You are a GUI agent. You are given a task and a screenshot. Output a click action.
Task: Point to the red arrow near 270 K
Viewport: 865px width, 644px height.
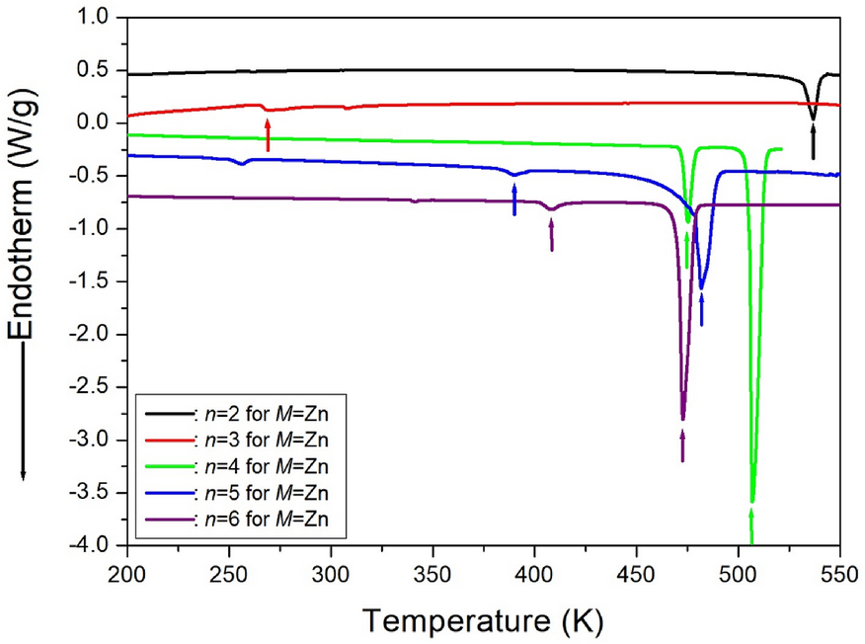click(268, 133)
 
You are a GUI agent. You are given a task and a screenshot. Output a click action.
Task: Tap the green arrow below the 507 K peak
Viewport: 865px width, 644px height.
click(752, 525)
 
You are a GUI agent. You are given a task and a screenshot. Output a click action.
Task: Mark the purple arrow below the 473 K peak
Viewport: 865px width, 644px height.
click(682, 443)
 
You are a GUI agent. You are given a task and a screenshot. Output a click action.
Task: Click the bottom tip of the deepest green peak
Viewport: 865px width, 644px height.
click(752, 502)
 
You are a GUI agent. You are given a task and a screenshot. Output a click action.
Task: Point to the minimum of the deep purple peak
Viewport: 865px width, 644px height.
click(682, 419)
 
